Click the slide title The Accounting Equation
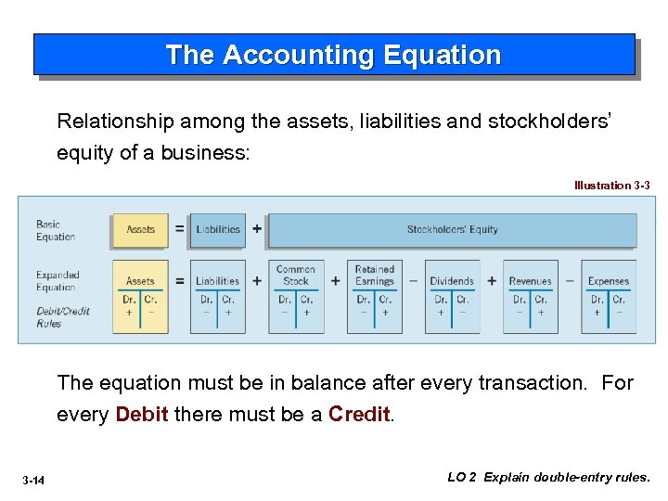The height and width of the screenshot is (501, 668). coord(333,56)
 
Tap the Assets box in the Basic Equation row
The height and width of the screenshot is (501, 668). coord(140,229)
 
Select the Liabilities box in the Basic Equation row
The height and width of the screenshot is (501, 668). coord(218,229)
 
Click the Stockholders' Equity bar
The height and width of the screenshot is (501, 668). coord(452,230)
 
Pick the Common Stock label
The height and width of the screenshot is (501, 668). coord(295,276)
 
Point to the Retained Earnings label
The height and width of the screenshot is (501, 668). coord(374,276)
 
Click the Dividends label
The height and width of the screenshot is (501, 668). coord(452,281)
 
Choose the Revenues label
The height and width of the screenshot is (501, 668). coord(530,281)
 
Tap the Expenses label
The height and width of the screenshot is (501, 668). coord(608,281)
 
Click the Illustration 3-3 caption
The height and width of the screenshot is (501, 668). coord(611,186)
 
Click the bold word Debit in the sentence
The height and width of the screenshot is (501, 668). coord(142,414)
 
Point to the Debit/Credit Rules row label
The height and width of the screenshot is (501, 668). coord(63,317)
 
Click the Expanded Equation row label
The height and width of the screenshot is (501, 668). coord(58,281)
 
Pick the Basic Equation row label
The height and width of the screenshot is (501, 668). coord(55,230)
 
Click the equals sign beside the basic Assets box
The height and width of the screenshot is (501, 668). coord(179,229)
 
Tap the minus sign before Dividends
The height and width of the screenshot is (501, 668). coord(413,281)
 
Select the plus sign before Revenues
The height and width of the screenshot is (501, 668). coord(491,281)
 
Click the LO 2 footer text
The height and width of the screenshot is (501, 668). coord(548,478)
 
